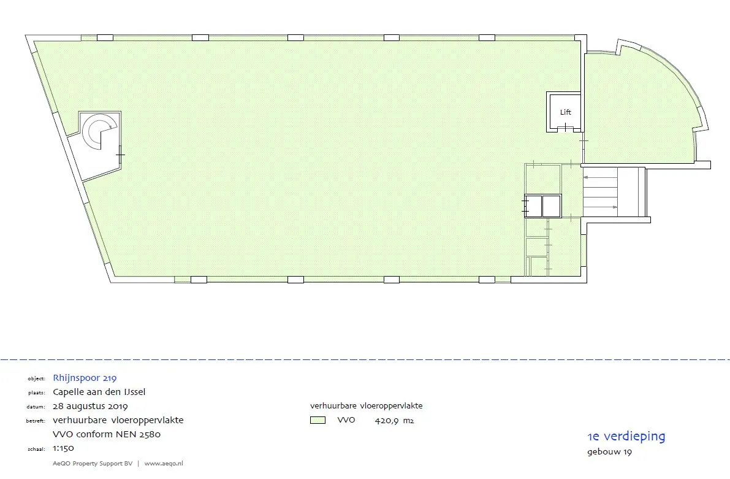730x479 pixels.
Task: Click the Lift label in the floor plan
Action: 565,112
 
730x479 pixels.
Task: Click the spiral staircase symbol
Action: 97,132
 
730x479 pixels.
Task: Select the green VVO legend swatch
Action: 317,420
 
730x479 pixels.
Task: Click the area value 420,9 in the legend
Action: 388,420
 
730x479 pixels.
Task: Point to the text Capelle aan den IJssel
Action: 99,392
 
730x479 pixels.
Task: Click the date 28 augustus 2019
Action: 91,406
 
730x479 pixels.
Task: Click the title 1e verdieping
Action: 626,437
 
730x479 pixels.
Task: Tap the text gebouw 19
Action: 609,453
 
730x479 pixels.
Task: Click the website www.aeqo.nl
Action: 164,464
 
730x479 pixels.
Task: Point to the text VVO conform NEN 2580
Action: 107,434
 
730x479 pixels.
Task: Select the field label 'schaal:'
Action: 37,450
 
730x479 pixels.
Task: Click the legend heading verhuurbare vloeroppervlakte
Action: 366,405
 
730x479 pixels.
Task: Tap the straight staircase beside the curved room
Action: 604,192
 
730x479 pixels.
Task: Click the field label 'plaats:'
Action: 37,393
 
